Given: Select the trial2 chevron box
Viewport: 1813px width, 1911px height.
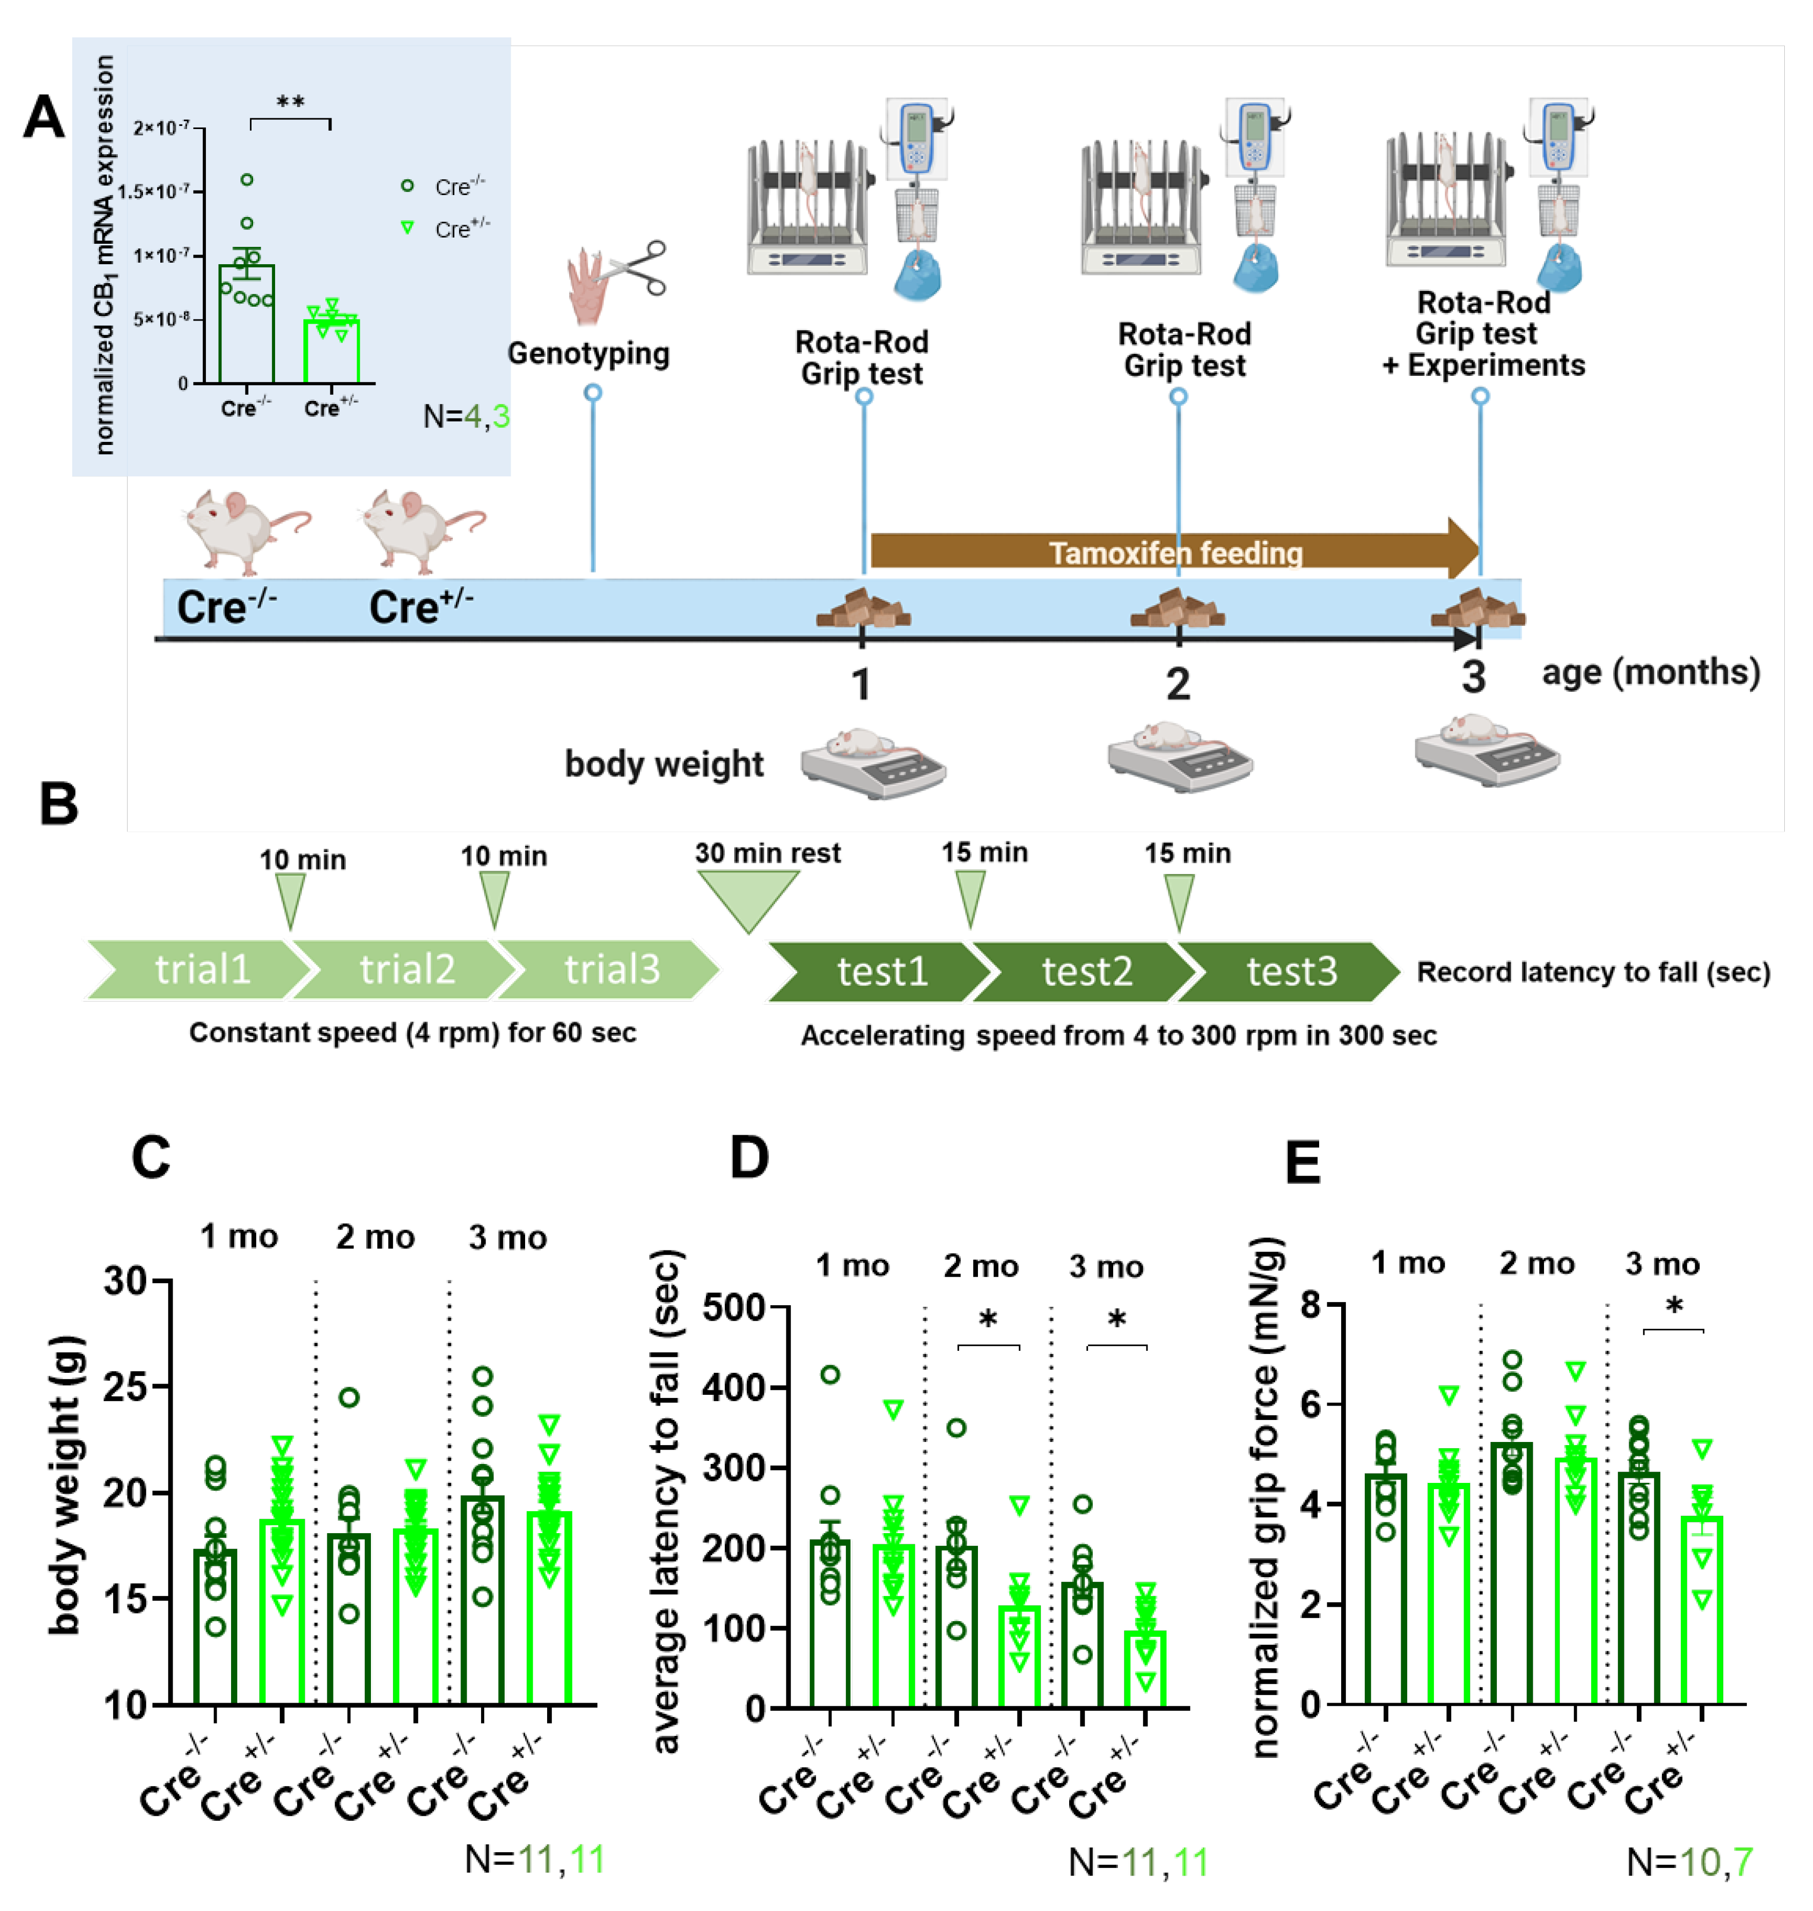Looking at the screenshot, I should point(406,969).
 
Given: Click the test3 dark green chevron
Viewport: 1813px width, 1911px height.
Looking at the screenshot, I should point(1290,971).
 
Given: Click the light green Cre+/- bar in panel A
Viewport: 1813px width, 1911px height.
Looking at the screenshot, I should point(331,350).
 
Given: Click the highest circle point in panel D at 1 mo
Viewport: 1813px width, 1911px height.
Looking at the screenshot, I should point(830,1374).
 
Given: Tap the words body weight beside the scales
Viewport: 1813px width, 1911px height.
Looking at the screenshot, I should point(664,763).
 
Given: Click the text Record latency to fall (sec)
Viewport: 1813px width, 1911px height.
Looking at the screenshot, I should point(1593,972).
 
